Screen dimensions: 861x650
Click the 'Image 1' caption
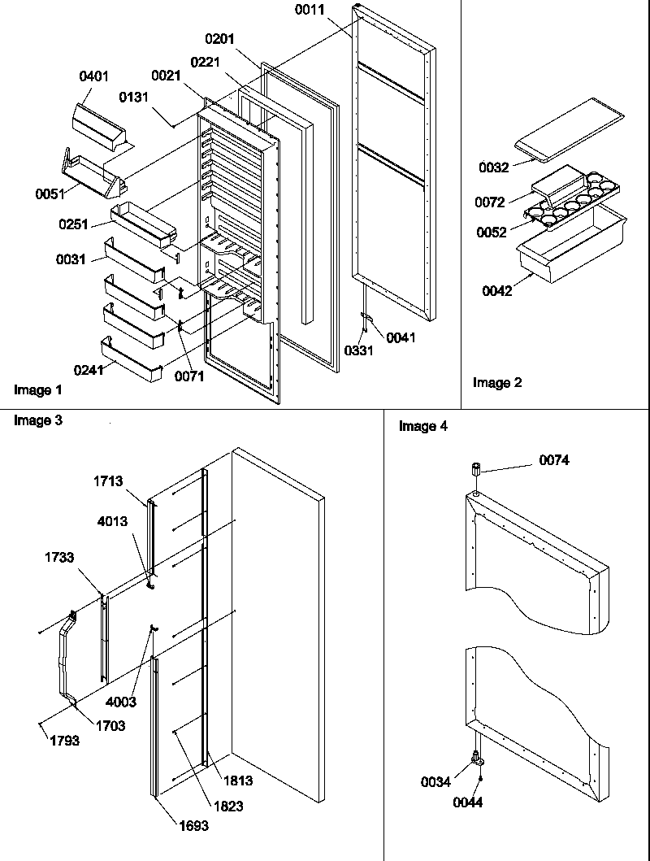(x=38, y=390)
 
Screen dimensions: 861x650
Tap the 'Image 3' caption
(x=38, y=421)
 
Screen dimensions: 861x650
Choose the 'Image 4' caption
(x=422, y=427)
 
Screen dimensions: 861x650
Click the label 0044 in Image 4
(x=469, y=802)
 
